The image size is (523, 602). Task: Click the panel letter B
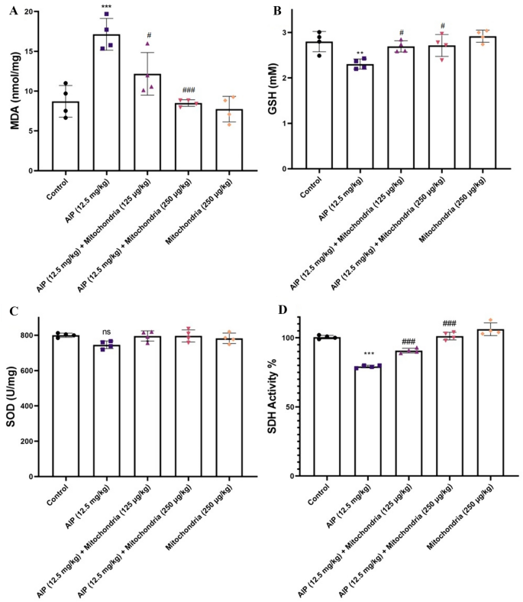(277, 11)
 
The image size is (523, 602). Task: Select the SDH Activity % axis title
(281, 397)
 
